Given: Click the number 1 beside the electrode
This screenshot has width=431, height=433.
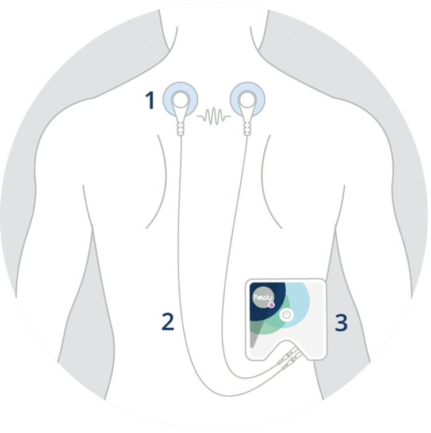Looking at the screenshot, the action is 150,101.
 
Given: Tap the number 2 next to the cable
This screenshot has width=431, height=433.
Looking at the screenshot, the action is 167,322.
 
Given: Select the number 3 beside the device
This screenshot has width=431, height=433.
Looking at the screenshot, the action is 341,323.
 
